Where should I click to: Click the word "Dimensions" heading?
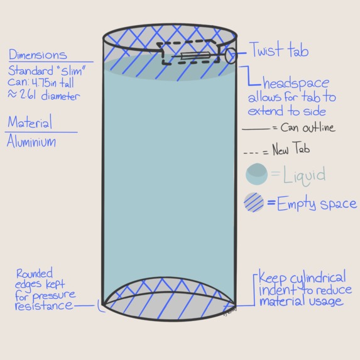pos(38,55)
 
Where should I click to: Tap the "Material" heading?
pos(30,122)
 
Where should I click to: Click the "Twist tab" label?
pos(279,50)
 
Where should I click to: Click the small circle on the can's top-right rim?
pos(230,55)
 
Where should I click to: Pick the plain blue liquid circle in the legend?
pos(256,174)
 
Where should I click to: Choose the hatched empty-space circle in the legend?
pos(254,204)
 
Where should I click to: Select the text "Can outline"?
pos(308,128)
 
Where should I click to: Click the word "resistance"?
pos(43,305)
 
